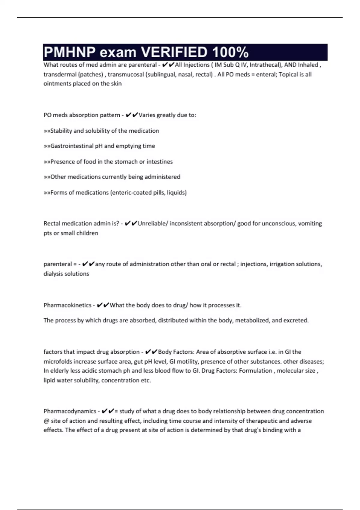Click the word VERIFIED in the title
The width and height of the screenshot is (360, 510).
click(x=174, y=52)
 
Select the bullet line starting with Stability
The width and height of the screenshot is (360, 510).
click(x=101, y=131)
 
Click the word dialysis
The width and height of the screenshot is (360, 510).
click(x=54, y=274)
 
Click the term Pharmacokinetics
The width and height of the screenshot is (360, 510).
click(x=67, y=305)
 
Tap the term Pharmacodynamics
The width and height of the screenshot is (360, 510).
click(x=70, y=411)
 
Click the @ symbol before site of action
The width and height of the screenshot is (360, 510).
click(x=46, y=421)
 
